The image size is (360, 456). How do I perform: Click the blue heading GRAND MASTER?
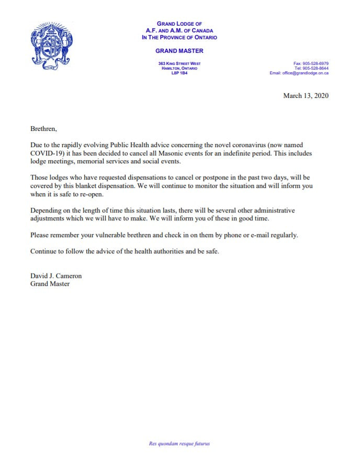point(179,51)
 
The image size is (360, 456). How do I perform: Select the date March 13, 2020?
point(306,95)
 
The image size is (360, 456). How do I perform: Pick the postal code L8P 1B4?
point(179,73)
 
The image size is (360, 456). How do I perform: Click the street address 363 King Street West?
point(179,63)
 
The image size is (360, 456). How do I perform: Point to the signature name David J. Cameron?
point(56,276)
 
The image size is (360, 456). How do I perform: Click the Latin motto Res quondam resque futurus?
point(179,444)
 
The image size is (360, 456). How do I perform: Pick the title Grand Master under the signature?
point(50,284)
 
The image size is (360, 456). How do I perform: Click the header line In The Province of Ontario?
point(179,37)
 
